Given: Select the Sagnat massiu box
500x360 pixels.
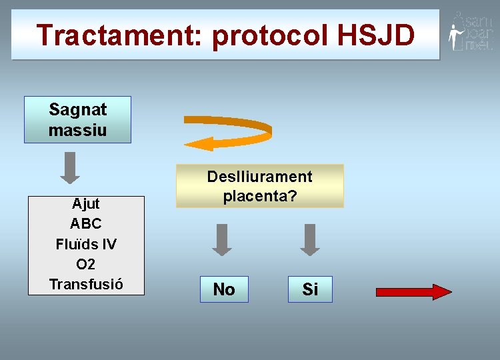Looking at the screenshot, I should (x=77, y=119).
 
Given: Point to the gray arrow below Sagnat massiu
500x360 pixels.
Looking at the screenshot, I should (x=70, y=168).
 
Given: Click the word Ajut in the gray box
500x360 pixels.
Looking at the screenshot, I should (x=85, y=204).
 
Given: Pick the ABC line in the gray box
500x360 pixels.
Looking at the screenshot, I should (x=85, y=224).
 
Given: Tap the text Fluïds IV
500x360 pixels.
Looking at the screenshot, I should (x=85, y=244).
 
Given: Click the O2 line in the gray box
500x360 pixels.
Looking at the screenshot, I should (x=85, y=264).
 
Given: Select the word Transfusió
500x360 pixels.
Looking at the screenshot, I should (x=85, y=284).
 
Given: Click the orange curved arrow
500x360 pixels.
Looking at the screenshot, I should (x=228, y=133).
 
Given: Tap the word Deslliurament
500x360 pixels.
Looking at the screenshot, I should (x=259, y=177).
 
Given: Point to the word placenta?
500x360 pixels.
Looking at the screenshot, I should (x=259, y=197).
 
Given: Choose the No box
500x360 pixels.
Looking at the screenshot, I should (x=224, y=289).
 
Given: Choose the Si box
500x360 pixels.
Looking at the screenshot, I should (x=310, y=289).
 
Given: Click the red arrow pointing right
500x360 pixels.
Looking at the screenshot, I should (x=414, y=291).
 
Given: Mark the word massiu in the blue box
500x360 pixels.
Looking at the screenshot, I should (x=77, y=129).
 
